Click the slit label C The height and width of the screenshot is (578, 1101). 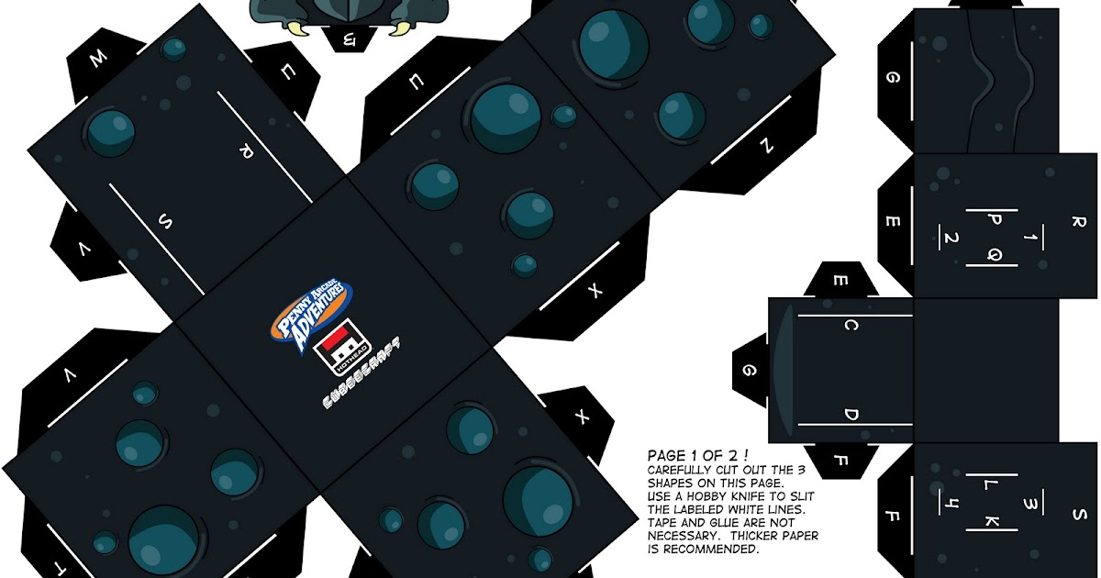tap(851, 327)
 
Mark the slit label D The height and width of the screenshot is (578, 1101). tap(851, 415)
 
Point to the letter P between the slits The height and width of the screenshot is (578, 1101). tap(995, 220)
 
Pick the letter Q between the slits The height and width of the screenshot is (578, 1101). tap(995, 254)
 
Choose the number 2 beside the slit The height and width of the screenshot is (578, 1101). tap(951, 239)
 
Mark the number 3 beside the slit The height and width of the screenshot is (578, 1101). tap(1031, 503)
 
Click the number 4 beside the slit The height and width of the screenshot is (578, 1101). tap(951, 503)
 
